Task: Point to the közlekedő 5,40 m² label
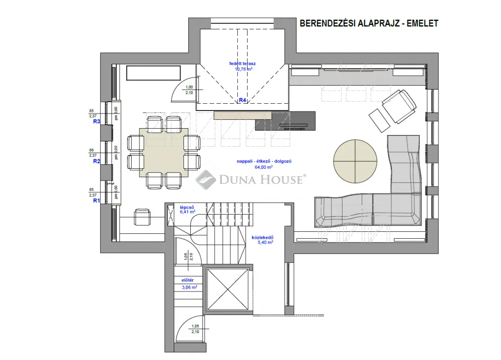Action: [x=262, y=239]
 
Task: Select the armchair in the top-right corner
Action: [x=398, y=106]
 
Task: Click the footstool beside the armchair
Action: [x=378, y=120]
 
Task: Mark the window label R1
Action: [x=96, y=201]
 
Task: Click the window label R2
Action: [x=96, y=161]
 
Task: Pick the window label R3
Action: [x=96, y=122]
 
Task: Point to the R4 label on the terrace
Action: [x=242, y=100]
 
